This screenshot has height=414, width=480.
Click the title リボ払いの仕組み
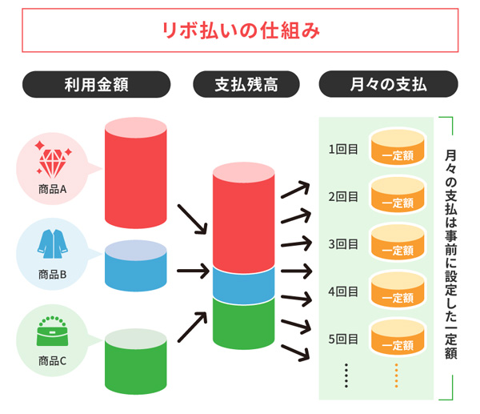[x=240, y=31]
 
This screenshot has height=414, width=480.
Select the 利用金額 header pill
[x=95, y=83]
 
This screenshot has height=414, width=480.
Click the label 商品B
[x=53, y=274]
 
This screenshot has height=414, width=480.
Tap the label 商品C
[x=53, y=360]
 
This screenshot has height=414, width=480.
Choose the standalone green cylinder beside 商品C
[x=135, y=360]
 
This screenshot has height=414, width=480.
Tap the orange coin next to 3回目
[x=397, y=244]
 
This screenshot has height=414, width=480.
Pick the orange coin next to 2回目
[x=397, y=197]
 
